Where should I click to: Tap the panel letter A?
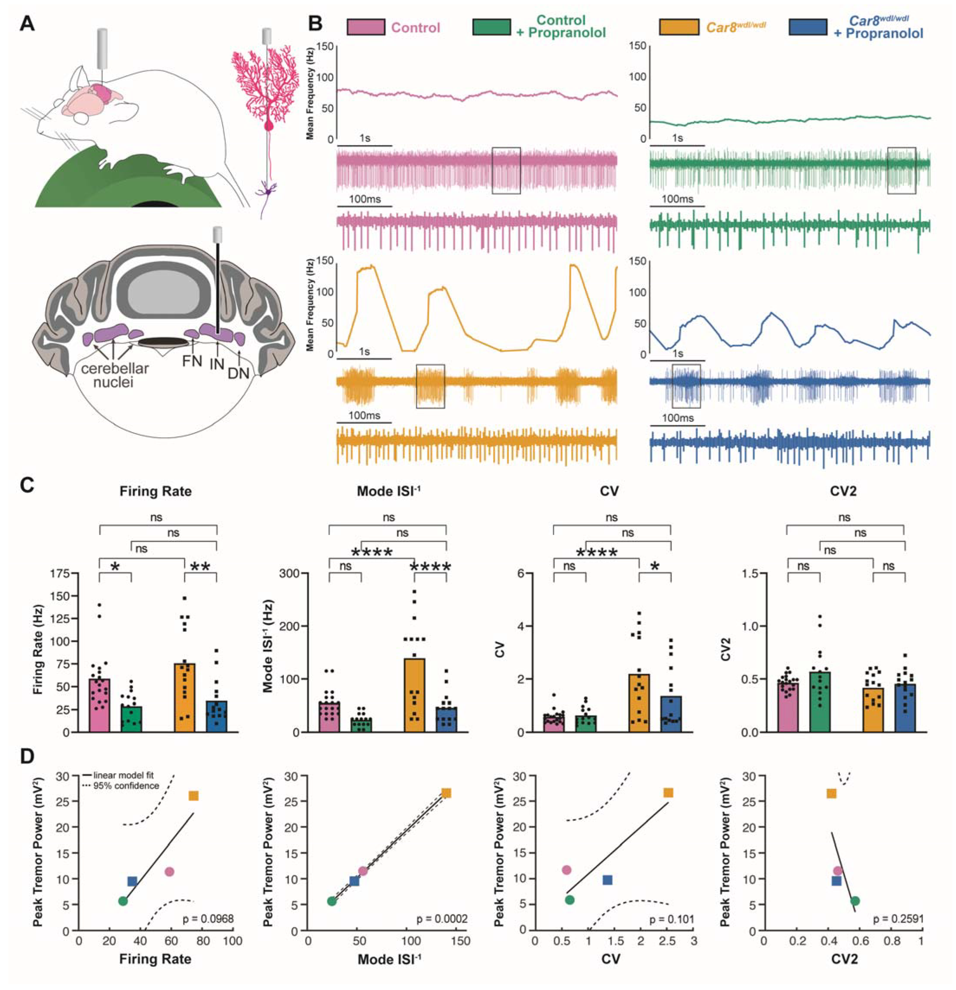point(28,24)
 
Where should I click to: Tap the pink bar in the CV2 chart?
point(787,707)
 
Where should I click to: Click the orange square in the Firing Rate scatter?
point(193,796)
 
